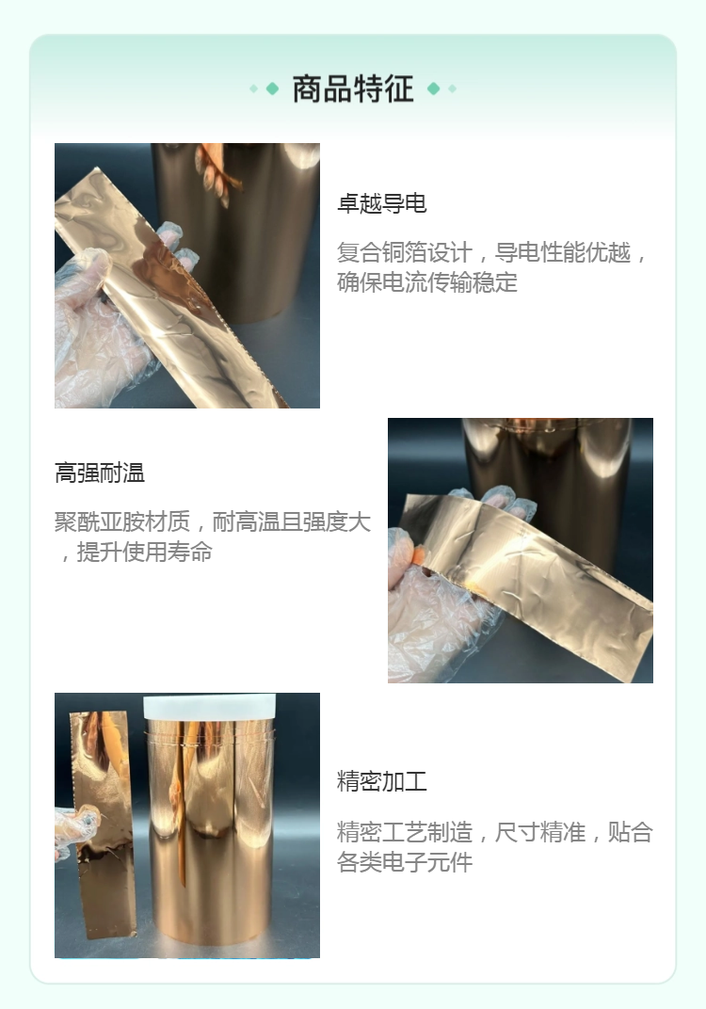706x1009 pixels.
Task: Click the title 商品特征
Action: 353,88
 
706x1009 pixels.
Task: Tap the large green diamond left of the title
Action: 272,88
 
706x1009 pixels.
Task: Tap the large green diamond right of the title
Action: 434,88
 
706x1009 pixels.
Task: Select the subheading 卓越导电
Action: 381,203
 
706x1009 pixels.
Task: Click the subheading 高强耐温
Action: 100,472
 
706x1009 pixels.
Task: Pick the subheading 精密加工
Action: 381,781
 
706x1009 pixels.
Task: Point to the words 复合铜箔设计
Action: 404,252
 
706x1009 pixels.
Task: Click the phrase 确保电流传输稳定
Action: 427,281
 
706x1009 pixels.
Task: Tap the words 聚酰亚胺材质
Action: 122,521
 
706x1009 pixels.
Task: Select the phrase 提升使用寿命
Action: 144,552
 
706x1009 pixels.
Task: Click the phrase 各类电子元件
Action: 405,861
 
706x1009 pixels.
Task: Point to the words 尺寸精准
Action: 539,832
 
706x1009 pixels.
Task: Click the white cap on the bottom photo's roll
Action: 210,707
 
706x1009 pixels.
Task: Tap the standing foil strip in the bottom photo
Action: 103,824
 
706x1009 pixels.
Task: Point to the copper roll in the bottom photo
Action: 211,830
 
